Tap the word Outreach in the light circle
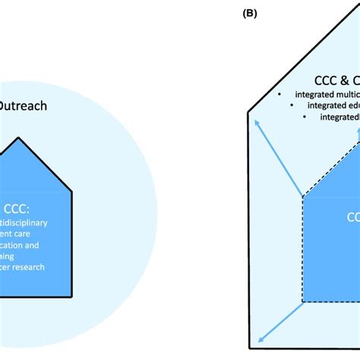pyautogui.click(x=22, y=106)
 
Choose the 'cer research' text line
pyautogui.click(x=23, y=267)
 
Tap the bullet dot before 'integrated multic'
pyautogui.click(x=279, y=93)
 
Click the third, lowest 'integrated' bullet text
pyautogui.click(x=339, y=117)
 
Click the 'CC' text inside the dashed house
pyautogui.click(x=353, y=217)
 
